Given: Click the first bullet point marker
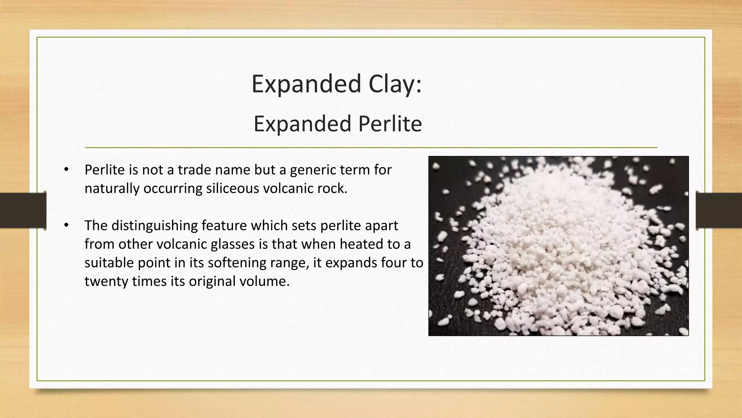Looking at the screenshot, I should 66,169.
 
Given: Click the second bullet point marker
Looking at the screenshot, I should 66,225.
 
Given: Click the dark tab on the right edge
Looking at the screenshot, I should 719,210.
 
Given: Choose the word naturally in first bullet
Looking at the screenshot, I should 112,189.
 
